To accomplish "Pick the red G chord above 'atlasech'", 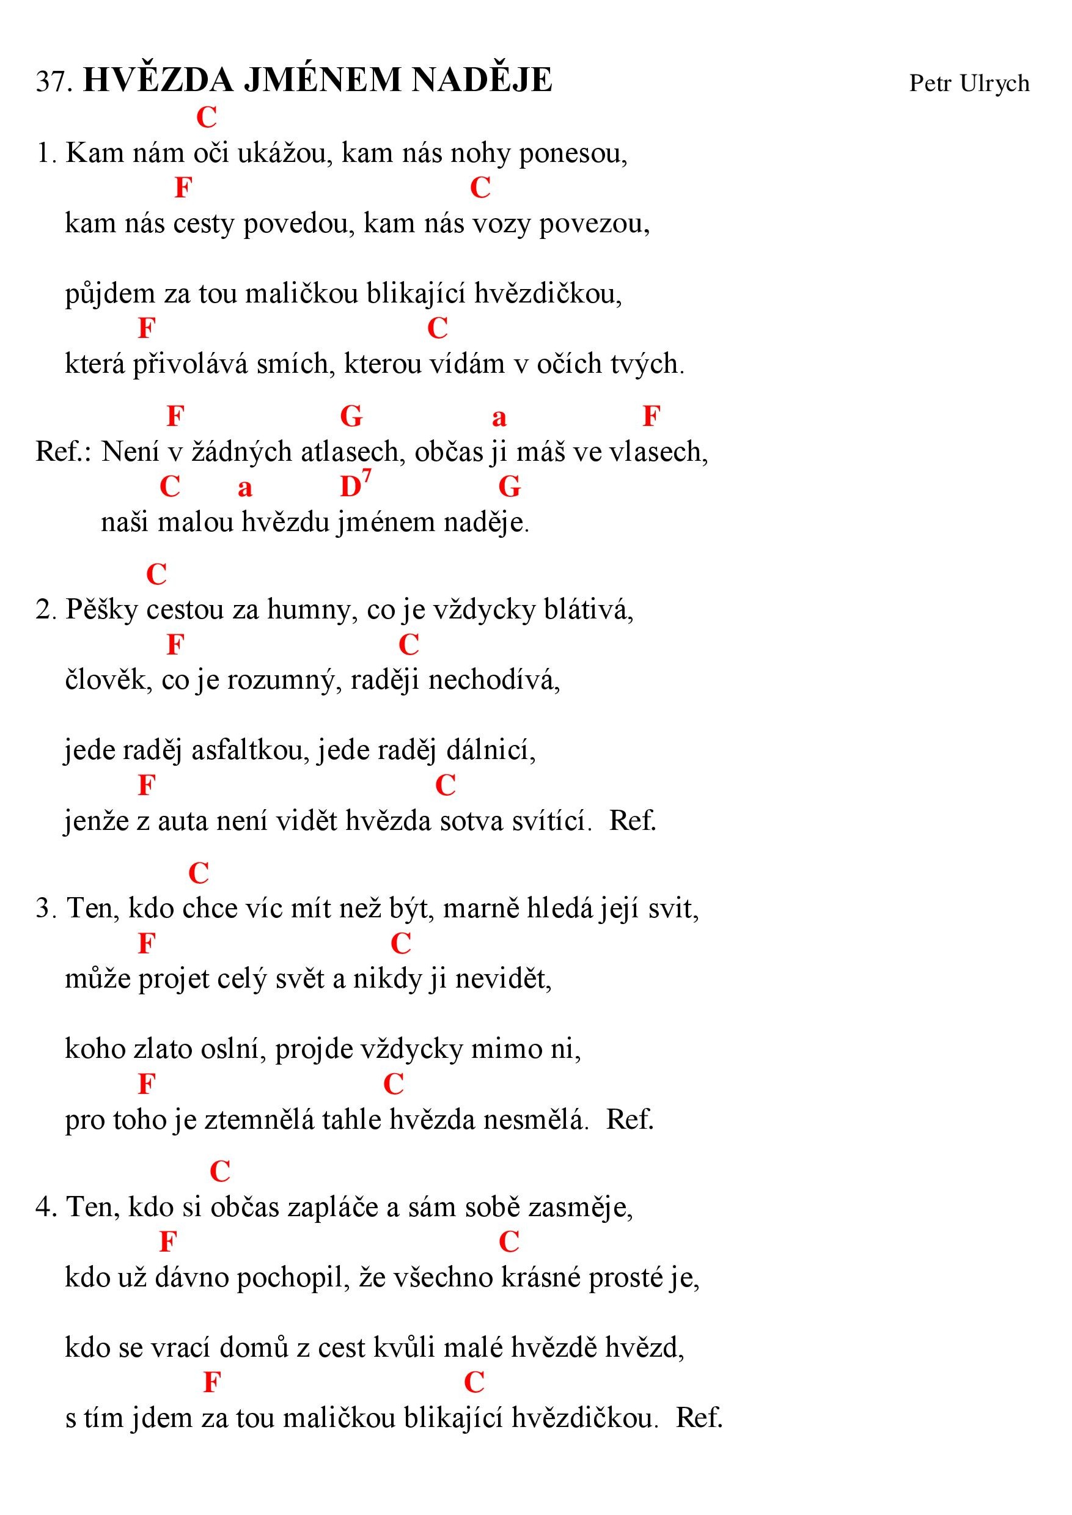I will click(x=351, y=417).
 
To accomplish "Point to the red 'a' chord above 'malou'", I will click(x=245, y=488).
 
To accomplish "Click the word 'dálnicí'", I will click(x=490, y=750).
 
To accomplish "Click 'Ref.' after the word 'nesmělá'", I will click(x=630, y=1120).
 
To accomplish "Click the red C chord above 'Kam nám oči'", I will click(x=207, y=117).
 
